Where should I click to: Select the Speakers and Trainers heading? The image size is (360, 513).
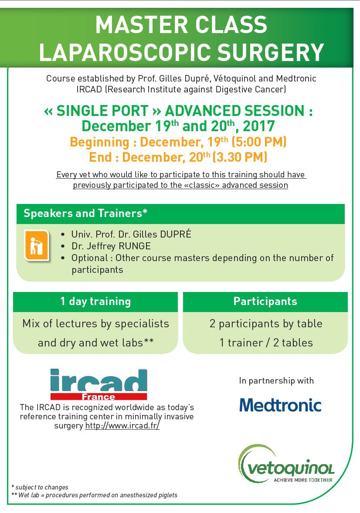(85, 214)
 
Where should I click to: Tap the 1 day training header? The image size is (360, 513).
(95, 301)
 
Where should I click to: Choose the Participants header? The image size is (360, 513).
(265, 301)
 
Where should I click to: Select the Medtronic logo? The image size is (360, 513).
(280, 405)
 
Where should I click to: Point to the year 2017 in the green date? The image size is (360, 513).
(259, 126)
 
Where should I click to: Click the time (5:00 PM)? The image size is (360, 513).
(259, 142)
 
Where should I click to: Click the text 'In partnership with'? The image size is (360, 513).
(276, 381)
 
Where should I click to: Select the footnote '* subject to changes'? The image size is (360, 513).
(40, 487)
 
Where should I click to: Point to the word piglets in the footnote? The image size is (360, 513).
(166, 495)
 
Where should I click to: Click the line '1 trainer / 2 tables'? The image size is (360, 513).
(266, 343)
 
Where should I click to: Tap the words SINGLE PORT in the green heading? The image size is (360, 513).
(108, 111)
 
